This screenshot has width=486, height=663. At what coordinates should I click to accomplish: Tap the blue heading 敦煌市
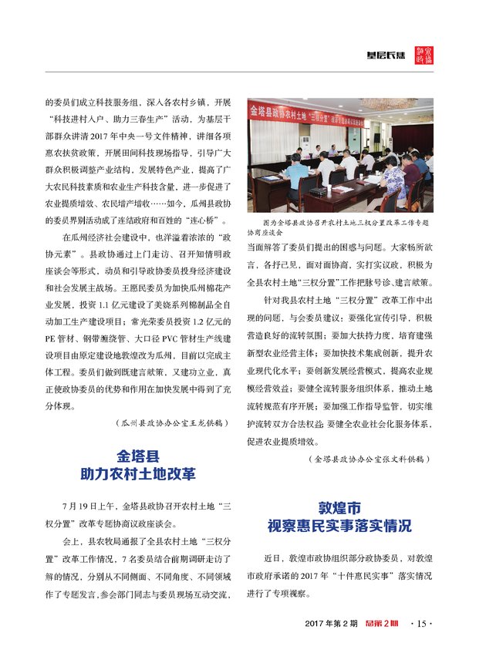pyautogui.click(x=339, y=509)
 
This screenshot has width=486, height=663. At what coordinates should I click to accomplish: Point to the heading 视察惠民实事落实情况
pyautogui.click(x=339, y=527)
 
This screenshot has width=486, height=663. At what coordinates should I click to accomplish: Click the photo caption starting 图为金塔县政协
pyautogui.click(x=339, y=222)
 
